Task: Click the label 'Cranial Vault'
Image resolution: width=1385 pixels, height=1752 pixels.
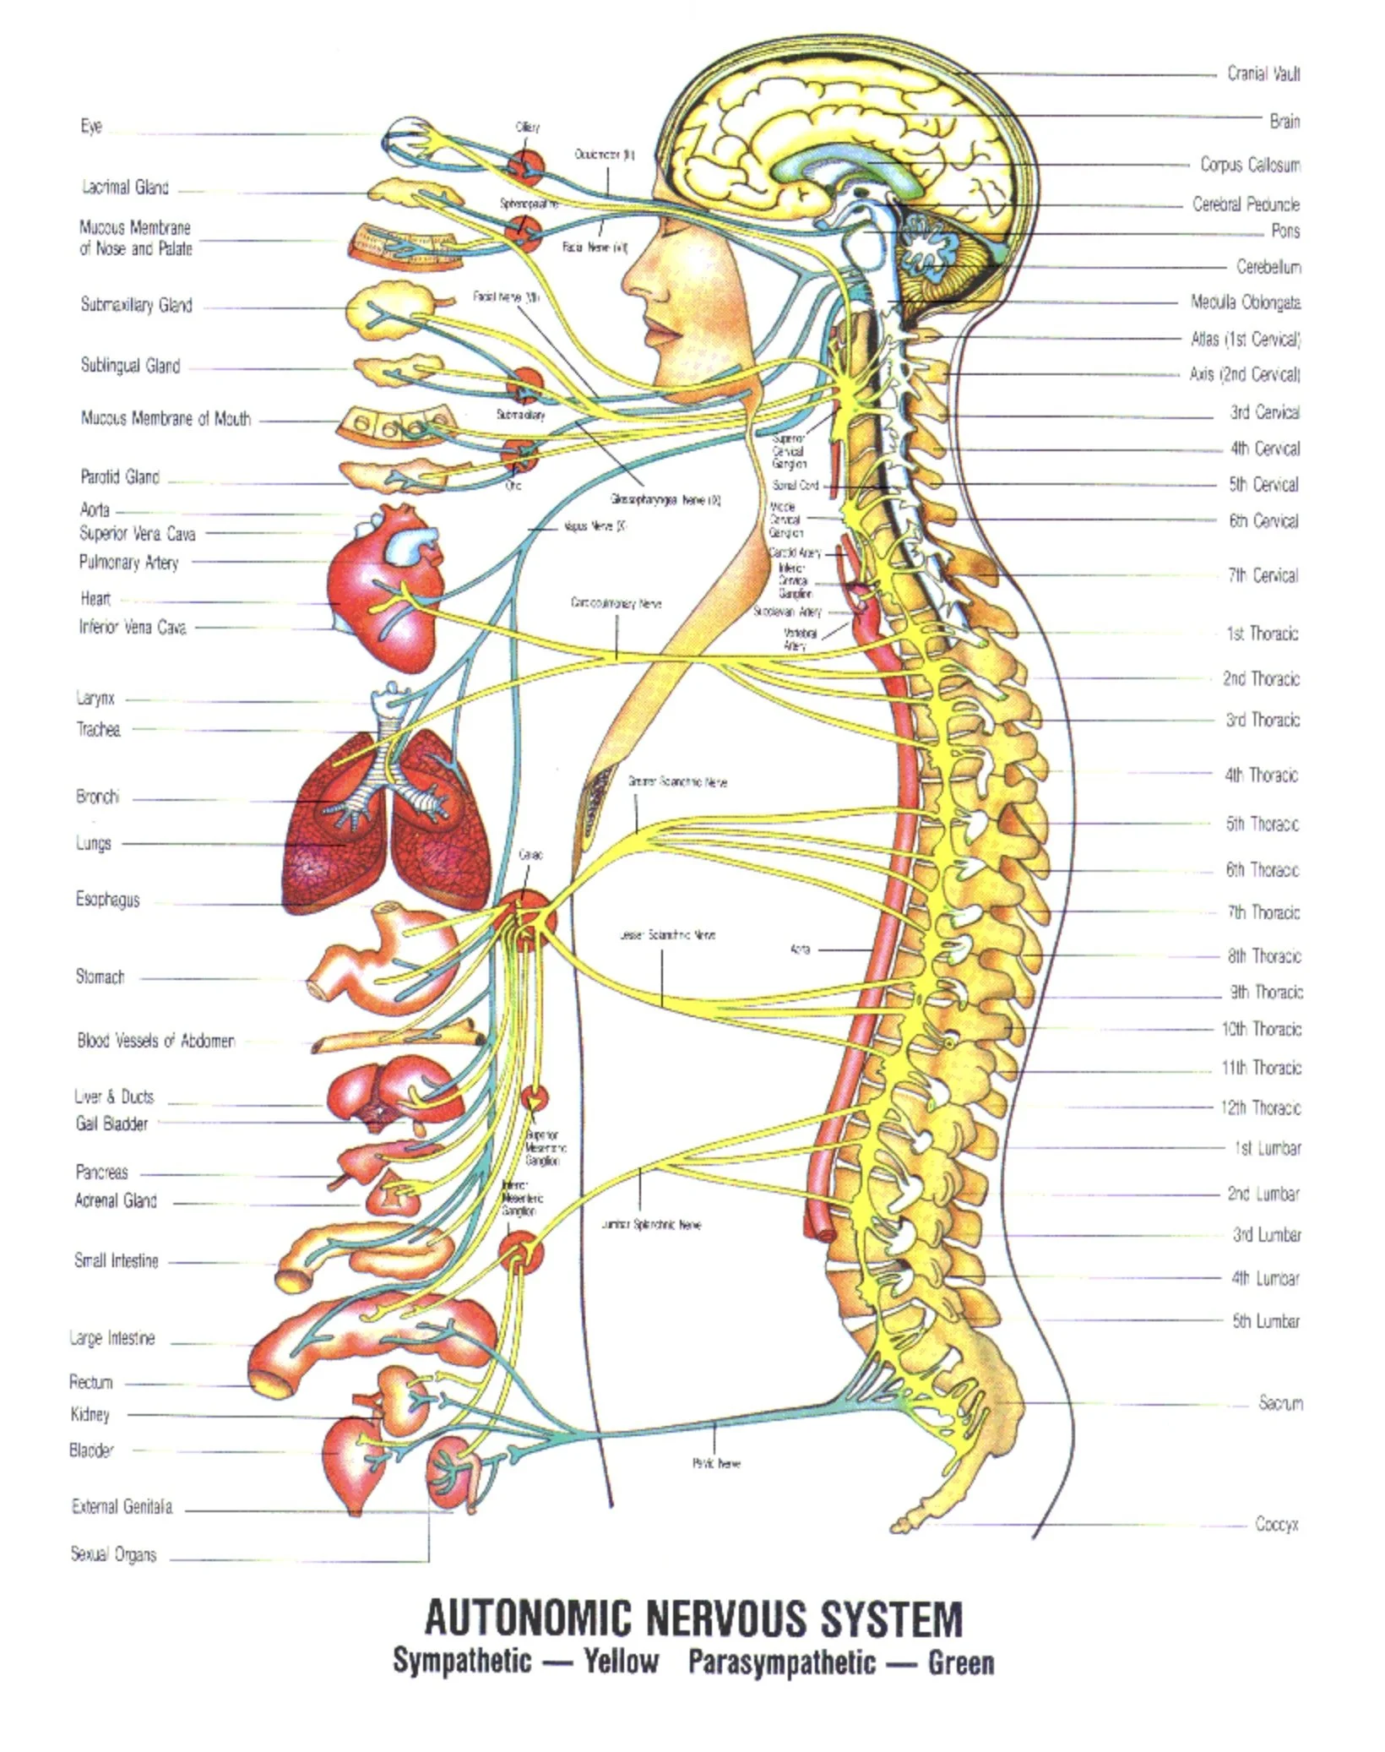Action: (1263, 74)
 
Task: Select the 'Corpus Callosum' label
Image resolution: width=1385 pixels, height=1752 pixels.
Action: (1250, 165)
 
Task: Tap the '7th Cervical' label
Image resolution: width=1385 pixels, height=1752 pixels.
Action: (1262, 575)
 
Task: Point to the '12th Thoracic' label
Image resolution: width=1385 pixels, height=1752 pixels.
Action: (1260, 1107)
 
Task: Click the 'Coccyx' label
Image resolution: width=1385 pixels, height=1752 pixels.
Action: (1276, 1524)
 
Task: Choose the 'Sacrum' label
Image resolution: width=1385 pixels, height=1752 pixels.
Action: (1280, 1403)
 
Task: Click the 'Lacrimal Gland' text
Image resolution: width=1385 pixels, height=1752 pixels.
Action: (125, 188)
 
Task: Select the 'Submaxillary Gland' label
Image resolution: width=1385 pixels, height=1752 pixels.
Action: (136, 305)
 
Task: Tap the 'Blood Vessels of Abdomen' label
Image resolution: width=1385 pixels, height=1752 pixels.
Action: (155, 1041)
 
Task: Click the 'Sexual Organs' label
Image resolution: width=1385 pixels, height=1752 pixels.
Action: (113, 1554)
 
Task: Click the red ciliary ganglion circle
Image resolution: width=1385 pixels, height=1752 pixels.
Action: (525, 166)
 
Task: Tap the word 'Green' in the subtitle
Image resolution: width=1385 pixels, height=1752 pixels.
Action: (960, 1662)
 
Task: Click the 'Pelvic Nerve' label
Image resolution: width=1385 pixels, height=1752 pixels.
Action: (716, 1463)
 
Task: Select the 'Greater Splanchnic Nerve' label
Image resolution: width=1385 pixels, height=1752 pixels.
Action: (677, 782)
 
